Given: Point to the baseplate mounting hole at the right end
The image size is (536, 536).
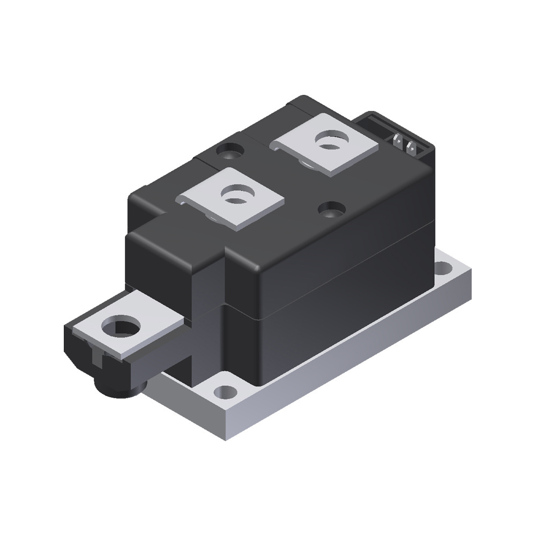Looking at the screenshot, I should (444, 266).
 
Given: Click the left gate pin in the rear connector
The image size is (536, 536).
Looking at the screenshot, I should (398, 143).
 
